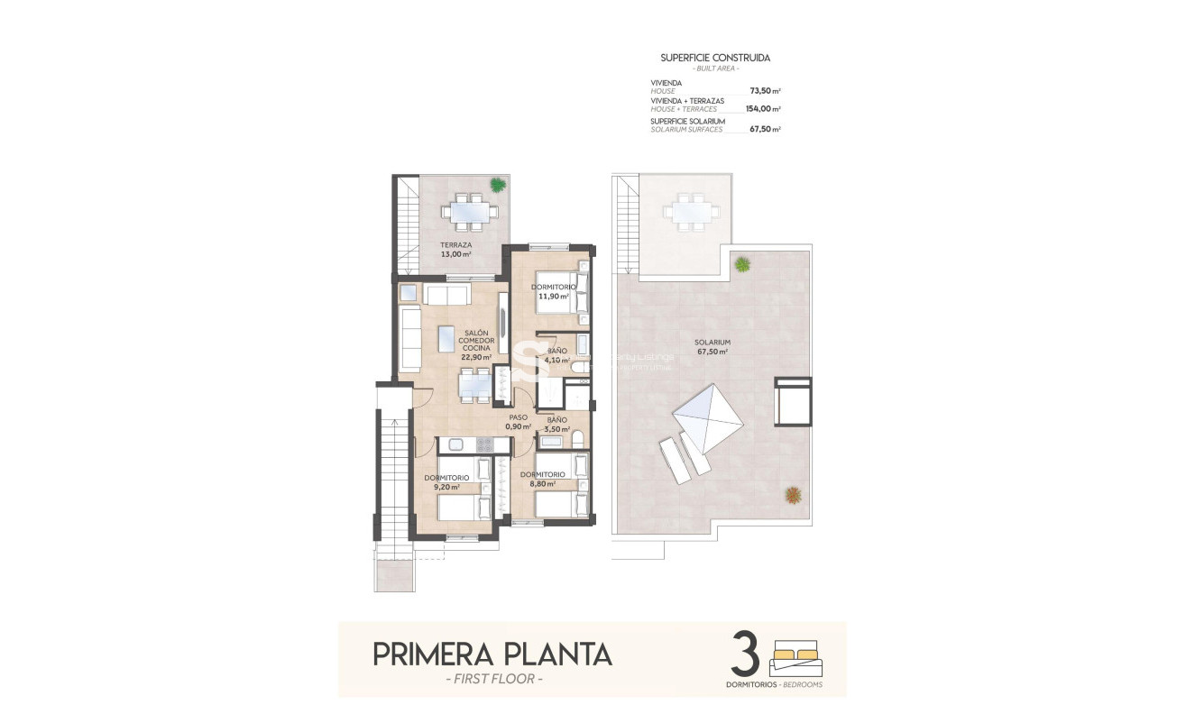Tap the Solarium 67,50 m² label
(712, 347)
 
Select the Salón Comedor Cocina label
(476, 344)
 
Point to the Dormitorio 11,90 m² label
(553, 291)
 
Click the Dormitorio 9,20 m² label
(446, 481)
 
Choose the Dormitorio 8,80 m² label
(542, 479)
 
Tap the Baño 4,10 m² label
(556, 355)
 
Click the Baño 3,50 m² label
(556, 425)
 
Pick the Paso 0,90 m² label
(518, 422)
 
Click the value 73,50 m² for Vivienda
(765, 91)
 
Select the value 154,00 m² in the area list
(763, 109)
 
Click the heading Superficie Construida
(715, 58)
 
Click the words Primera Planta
(492, 654)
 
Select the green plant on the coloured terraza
(497, 184)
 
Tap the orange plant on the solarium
(793, 494)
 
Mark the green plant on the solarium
(741, 264)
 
